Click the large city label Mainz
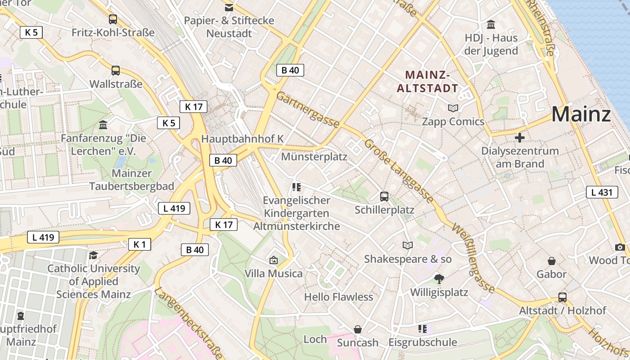(580, 114)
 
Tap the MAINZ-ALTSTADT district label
(427, 81)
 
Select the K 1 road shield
(139, 244)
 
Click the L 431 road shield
(602, 193)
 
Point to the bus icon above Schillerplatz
(384, 196)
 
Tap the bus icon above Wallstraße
(116, 71)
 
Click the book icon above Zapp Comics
(453, 108)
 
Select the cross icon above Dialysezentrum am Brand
(520, 138)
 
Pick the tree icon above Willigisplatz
(439, 279)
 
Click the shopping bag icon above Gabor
(551, 261)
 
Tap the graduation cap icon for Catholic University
(93, 256)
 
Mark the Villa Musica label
(273, 273)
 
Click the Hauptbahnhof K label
(242, 139)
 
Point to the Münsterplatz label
(314, 157)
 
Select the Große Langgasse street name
(399, 171)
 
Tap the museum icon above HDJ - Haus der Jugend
(491, 24)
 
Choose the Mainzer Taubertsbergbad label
(131, 180)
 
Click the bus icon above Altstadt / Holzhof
(562, 297)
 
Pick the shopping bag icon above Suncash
(358, 329)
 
